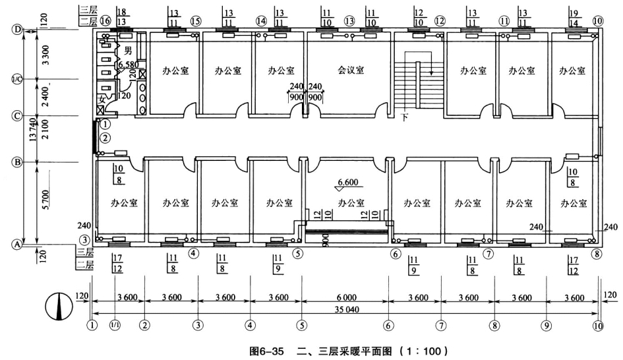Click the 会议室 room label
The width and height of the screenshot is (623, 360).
(351, 71)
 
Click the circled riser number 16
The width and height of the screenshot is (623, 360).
(106, 21)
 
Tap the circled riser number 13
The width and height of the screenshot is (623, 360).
(349, 21)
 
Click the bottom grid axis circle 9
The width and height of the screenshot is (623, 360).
(546, 325)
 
